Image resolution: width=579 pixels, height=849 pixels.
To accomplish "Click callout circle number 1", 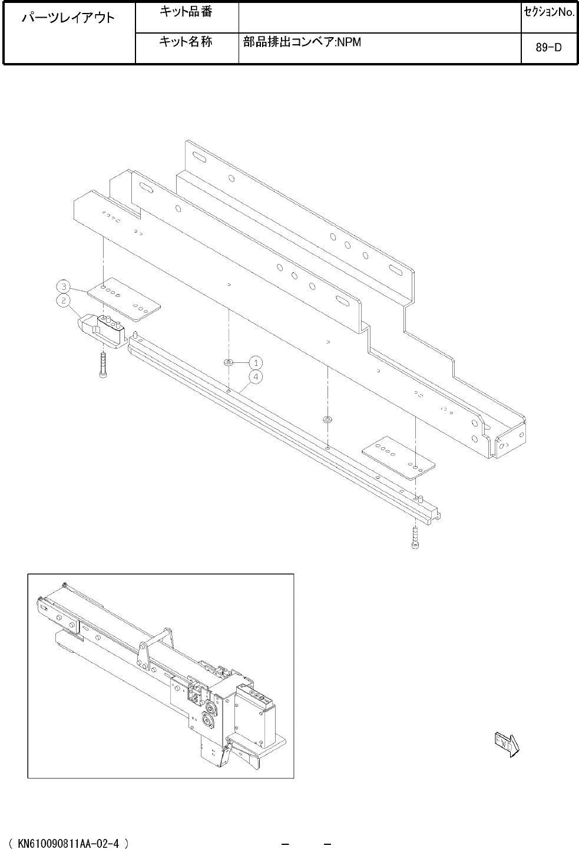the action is pos(256,363).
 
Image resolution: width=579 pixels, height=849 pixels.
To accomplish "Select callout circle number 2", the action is pos(63,300).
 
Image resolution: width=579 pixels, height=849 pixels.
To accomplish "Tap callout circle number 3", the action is pos(63,286).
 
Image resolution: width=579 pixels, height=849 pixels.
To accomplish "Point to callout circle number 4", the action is pos(256,376).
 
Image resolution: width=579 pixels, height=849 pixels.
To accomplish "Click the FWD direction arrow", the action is pos(507,745).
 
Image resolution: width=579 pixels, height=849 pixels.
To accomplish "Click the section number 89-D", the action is pos(549,48).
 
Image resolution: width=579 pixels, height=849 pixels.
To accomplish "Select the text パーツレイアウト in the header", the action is pos(68,18).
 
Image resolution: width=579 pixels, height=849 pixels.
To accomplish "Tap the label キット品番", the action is pos(186,12).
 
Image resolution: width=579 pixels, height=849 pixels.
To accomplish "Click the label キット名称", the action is pos(186,41).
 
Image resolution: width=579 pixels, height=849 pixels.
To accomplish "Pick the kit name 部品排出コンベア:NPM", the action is pos(302,42).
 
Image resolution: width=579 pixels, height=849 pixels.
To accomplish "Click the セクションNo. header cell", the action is pos(549,12).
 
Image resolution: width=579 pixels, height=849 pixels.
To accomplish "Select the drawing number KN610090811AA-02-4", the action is pos(68,843).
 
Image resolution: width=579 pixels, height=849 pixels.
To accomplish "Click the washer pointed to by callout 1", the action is pos(229,363).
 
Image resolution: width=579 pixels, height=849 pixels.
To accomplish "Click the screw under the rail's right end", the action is pos(415,537).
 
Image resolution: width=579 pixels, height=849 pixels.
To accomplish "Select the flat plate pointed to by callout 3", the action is pos(124,299).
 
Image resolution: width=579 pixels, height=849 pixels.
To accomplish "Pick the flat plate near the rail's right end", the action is pos(398,458).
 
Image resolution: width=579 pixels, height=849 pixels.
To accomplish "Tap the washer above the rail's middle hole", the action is pos(327,419).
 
